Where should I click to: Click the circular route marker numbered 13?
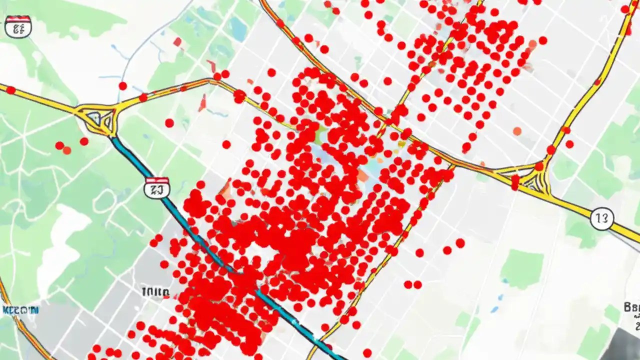point(601,218)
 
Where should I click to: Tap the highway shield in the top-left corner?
point(18,26)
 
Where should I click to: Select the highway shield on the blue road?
point(156,187)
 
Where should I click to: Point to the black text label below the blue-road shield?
point(155,291)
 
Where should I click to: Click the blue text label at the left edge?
point(20,310)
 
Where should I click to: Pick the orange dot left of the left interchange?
point(67,150)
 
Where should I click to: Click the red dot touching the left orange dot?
point(59,145)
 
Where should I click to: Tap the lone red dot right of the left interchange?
point(169,123)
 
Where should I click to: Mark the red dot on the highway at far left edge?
point(10,90)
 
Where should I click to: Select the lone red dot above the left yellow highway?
point(122,86)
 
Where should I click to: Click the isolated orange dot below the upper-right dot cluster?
point(517,131)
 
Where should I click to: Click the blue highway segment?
point(200,240)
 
